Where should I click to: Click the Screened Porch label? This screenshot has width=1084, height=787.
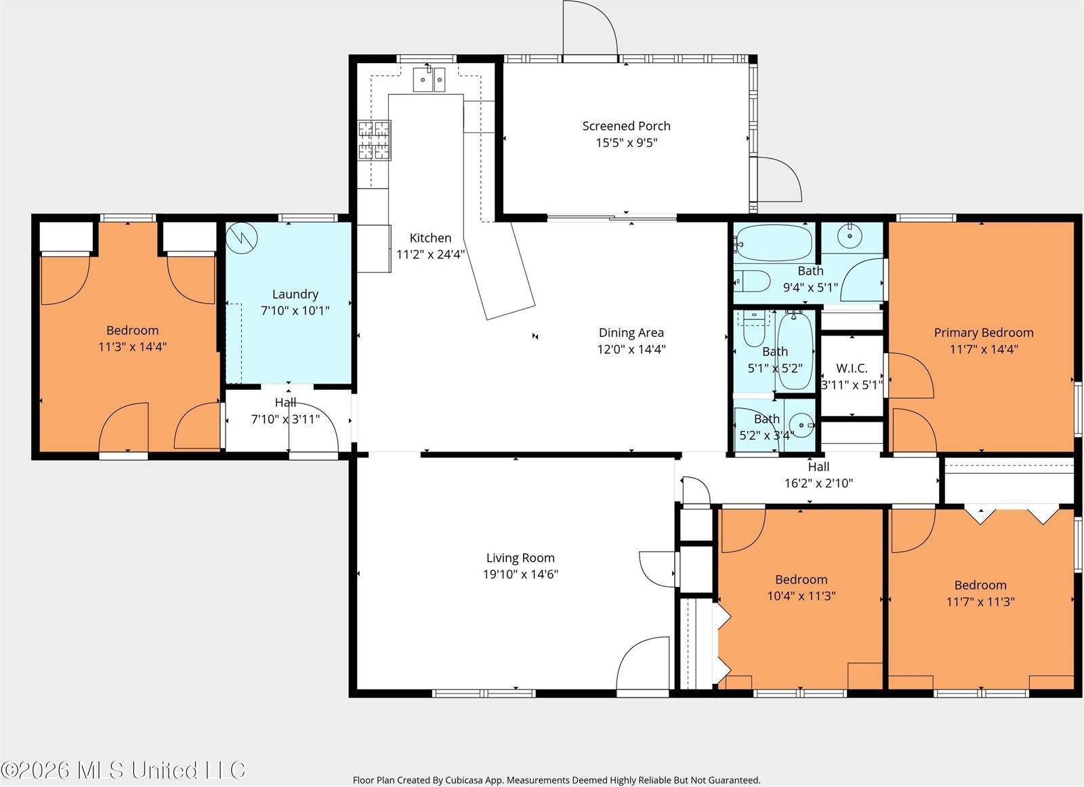[x=626, y=126]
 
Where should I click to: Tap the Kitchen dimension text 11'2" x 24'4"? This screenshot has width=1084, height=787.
[x=431, y=254]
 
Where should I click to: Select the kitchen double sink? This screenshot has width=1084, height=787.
[x=430, y=79]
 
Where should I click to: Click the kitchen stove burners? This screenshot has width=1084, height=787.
[x=374, y=140]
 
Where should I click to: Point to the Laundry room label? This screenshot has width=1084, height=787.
[x=295, y=294]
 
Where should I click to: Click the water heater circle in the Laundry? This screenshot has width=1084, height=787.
[x=241, y=238]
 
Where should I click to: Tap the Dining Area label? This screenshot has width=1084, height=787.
[x=631, y=333]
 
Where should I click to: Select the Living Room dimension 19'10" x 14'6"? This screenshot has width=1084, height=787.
[x=520, y=574]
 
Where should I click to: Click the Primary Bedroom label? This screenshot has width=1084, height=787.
[x=984, y=333]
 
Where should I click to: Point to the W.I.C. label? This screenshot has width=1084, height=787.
[x=852, y=368]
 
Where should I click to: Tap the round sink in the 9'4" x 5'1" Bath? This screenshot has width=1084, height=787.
[x=850, y=237]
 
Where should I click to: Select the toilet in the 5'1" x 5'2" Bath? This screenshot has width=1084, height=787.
[x=753, y=330]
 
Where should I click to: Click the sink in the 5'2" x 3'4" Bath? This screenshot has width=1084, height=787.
[x=802, y=425]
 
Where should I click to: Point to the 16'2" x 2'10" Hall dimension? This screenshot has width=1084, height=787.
[x=818, y=483]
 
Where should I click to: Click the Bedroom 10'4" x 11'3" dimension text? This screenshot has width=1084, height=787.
[x=801, y=596]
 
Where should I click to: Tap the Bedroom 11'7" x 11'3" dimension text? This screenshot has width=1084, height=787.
[x=980, y=601]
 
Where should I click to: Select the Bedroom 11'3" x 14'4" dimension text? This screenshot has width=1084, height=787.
[x=132, y=347]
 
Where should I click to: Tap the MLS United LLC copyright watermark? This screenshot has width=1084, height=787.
[x=123, y=770]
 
